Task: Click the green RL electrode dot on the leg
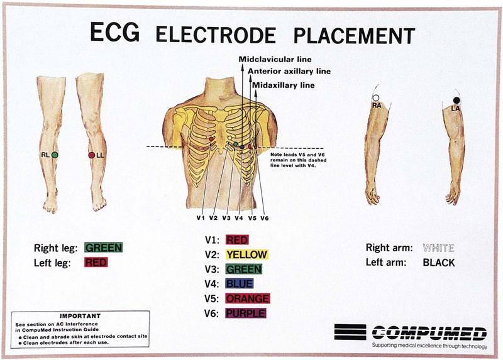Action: (55, 155)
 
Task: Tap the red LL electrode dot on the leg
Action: (92, 155)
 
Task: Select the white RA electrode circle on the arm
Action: (375, 98)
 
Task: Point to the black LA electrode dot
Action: (456, 101)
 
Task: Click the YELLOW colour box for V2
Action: (246, 254)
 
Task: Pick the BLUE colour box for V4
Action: (240, 283)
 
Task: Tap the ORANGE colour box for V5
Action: (248, 298)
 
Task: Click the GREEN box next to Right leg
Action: (104, 248)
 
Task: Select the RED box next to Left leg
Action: (96, 262)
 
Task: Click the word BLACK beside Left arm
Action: (439, 263)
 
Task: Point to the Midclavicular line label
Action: (275, 59)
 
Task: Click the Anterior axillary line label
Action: (289, 72)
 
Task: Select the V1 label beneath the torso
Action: (201, 218)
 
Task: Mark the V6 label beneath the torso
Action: (265, 218)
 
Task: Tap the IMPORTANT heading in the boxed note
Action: (80, 316)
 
